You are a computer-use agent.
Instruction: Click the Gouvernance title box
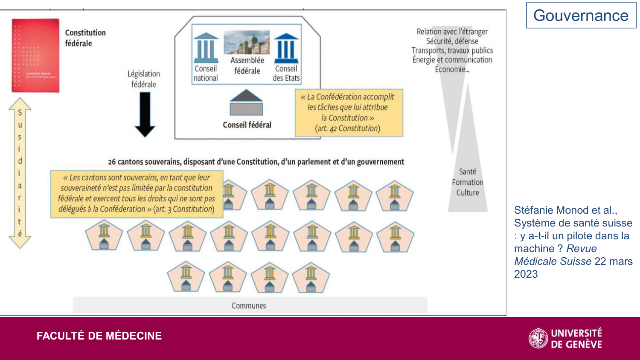point(581,15)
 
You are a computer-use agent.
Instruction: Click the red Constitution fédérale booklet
point(35,55)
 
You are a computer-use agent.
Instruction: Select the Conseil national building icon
point(206,47)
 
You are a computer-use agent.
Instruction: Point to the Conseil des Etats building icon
point(286,48)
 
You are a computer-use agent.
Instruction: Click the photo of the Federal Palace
point(247,42)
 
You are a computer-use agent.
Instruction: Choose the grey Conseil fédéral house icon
point(246,103)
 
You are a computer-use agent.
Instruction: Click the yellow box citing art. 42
point(349,113)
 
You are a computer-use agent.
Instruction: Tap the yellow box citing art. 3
point(137,194)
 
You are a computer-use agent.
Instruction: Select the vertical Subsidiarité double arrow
point(20,173)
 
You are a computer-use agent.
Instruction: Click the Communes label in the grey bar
point(249,306)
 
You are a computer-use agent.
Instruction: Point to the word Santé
point(468,171)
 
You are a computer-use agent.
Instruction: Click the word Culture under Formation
point(468,193)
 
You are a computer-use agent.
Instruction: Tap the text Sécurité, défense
point(452,41)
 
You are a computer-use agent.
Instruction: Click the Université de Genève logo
point(565,338)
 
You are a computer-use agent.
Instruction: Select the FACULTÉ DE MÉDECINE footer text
point(99,336)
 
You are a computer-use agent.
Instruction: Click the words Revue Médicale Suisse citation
point(555,255)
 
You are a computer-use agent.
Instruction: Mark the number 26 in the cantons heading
point(112,162)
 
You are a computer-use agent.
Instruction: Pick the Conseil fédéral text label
point(247,125)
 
